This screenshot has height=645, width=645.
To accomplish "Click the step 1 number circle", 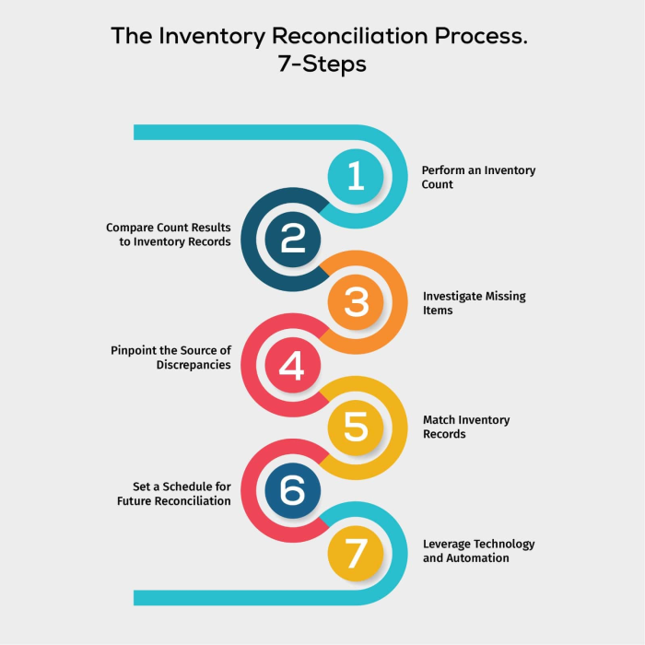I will click(x=356, y=176).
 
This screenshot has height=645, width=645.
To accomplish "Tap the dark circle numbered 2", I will click(x=292, y=239).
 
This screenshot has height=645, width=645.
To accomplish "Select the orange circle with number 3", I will click(x=356, y=302).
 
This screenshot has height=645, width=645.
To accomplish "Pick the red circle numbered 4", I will click(x=292, y=365).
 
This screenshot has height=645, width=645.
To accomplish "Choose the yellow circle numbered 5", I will click(x=356, y=428).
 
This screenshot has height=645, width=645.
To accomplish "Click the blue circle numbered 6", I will click(x=292, y=490).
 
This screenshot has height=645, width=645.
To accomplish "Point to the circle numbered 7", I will click(x=356, y=553).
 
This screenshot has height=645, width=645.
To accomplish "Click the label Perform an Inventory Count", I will click(x=478, y=177).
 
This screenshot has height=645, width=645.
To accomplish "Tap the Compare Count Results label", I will click(x=168, y=234).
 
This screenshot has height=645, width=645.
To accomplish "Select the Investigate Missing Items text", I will click(x=474, y=303).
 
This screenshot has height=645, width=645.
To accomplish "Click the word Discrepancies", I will click(x=193, y=365).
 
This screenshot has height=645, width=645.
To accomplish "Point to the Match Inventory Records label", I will click(x=465, y=427).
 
